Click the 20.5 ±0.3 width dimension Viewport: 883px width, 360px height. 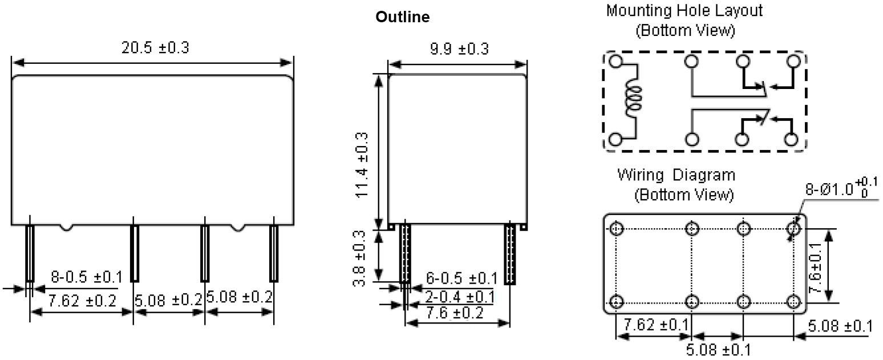[x=155, y=48]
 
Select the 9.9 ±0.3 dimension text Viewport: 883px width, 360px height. [x=459, y=49]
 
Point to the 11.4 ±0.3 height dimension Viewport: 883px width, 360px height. [x=362, y=165]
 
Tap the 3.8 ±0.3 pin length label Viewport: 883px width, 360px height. [x=359, y=258]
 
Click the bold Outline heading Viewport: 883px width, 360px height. [x=403, y=17]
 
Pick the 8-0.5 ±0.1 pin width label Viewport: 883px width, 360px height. [x=87, y=277]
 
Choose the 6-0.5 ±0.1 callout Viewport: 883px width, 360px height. [x=461, y=278]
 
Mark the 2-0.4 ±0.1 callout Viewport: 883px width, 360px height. [x=459, y=297]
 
